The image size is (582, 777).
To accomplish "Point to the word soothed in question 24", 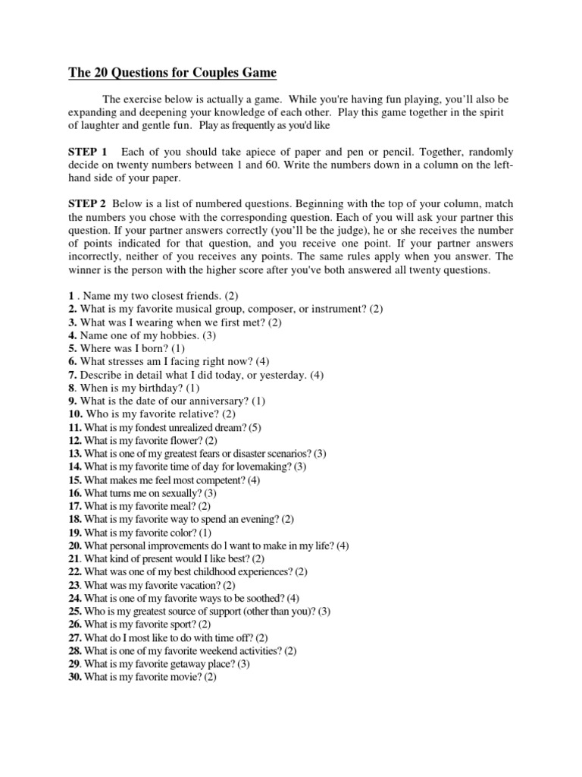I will tap(267, 598).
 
